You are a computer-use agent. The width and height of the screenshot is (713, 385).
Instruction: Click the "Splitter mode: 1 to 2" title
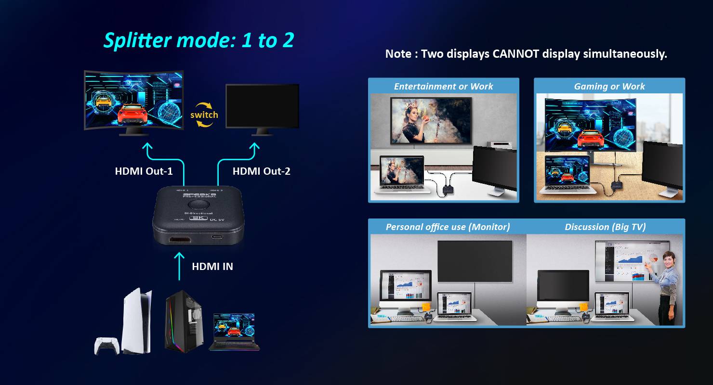[198, 40]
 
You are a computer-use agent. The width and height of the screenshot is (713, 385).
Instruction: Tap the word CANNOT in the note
[515, 54]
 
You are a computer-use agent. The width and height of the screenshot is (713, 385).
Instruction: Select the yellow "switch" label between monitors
[204, 115]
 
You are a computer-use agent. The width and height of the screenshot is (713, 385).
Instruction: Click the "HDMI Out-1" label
[144, 171]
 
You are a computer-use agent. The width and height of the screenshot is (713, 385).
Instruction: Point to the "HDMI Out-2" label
[261, 171]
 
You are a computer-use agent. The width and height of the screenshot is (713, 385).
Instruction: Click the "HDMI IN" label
[212, 266]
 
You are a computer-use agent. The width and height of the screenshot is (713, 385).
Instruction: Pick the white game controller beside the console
[106, 346]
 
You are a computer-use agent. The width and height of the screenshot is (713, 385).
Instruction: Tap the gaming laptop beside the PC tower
[234, 332]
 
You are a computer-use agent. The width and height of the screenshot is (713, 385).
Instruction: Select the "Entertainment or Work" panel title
[443, 87]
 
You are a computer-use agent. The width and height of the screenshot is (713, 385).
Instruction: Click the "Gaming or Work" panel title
[609, 87]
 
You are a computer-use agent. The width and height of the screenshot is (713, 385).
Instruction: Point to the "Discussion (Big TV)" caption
[605, 227]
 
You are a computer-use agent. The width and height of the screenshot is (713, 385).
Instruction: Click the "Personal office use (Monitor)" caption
[448, 227]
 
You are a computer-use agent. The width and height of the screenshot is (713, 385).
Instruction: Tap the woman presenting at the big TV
[668, 286]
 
